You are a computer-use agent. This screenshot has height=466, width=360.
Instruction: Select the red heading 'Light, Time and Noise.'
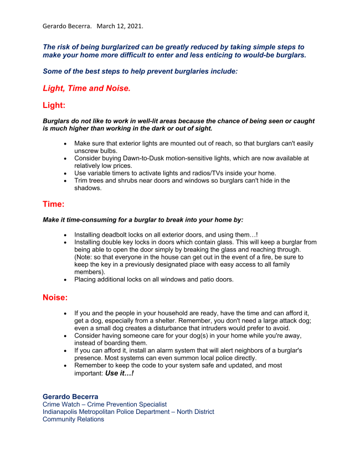tap(86, 88)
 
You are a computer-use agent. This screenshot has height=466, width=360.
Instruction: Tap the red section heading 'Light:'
tap(54, 105)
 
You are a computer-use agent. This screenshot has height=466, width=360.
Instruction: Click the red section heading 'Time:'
tap(54, 204)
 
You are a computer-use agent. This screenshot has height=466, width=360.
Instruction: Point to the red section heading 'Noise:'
tap(55, 298)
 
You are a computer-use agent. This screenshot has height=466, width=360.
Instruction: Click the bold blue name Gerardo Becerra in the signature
tap(70, 397)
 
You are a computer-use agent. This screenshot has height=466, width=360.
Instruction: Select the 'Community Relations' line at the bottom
tap(73, 419)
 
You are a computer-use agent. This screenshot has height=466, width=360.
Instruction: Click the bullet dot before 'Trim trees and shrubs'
tap(66, 181)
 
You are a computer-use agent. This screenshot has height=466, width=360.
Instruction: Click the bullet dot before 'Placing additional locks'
tap(66, 279)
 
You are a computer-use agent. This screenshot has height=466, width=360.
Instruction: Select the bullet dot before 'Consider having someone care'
tap(66, 336)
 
